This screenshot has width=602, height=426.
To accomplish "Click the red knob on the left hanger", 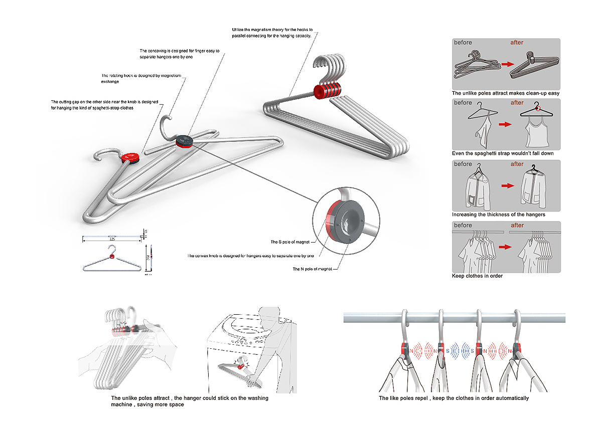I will (131, 157).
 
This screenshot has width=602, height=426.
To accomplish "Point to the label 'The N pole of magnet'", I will (310, 269).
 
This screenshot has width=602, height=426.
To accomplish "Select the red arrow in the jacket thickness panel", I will (508, 185).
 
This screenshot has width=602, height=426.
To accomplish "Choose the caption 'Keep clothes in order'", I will (477, 276).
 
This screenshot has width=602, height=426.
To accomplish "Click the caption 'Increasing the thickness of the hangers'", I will (499, 215).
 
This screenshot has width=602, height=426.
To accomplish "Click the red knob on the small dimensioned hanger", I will (111, 257).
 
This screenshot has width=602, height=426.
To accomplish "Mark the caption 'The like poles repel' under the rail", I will (454, 398).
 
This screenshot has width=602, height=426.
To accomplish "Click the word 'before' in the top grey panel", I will (463, 43).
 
